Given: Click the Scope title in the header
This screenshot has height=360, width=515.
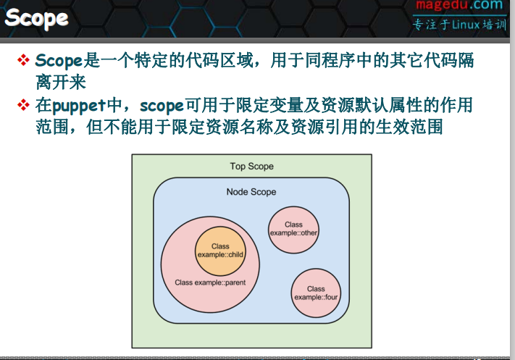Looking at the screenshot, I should [37, 18].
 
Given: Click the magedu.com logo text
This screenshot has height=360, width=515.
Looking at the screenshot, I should [458, 7].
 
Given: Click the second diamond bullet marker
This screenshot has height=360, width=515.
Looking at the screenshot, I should [24, 106].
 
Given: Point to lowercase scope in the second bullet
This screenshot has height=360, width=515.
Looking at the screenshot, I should [162, 106].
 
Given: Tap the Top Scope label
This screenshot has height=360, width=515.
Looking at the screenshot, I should [251, 167].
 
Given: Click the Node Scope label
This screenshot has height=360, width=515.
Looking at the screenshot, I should [251, 192].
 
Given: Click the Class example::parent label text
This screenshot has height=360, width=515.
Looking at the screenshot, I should [210, 282].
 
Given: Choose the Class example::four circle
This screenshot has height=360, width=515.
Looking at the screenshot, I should [316, 293].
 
